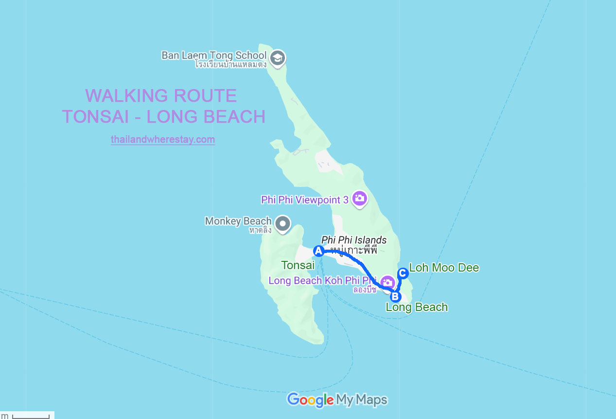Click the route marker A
click(318, 251)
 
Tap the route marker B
click(395, 296)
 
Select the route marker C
click(403, 273)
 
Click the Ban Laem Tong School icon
click(278, 57)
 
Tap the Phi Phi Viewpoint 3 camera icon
click(359, 199)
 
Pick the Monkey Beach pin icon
click(282, 224)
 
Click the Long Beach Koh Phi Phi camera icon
click(387, 282)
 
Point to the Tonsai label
click(298, 265)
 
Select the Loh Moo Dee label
click(444, 268)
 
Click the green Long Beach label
click(417, 307)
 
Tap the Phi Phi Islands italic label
click(354, 240)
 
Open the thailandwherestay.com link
click(163, 140)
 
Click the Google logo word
click(310, 400)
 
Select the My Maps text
click(362, 400)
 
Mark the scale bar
click(31, 416)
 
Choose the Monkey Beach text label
click(238, 221)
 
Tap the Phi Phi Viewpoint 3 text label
click(305, 200)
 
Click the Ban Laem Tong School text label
click(214, 55)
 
